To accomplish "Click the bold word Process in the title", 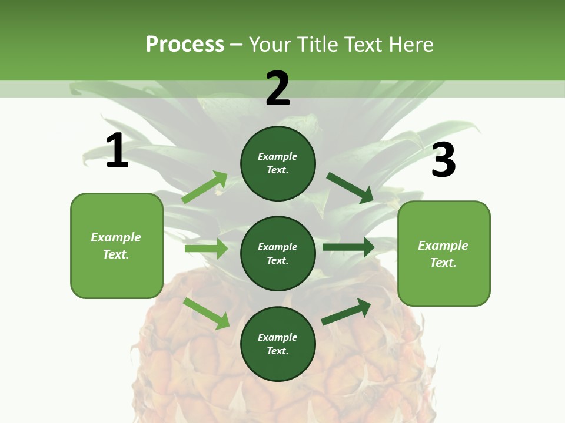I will (185, 45).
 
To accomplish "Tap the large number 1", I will (117, 151).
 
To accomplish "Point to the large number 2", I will (278, 89).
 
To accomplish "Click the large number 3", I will (443, 160).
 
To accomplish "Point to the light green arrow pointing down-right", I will (207, 313).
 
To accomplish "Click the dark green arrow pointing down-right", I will (350, 188).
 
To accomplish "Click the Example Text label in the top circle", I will (278, 163).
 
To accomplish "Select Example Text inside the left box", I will (116, 246).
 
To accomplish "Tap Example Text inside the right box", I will (443, 254).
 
